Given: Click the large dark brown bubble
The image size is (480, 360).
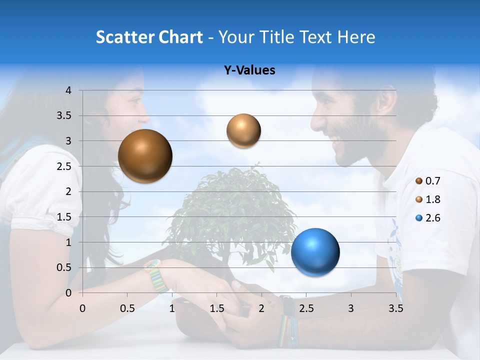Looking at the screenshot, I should point(145,156).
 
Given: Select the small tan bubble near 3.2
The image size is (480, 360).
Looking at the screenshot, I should point(243,130).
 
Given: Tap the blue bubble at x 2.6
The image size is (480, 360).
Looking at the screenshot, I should point(315,252).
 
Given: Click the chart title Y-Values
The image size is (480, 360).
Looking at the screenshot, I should point(249,70).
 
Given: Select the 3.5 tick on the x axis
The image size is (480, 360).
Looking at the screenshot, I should point(395,308).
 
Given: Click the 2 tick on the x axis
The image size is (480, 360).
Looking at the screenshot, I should point(261,308).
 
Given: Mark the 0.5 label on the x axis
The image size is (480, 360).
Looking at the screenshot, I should point(127,308).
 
